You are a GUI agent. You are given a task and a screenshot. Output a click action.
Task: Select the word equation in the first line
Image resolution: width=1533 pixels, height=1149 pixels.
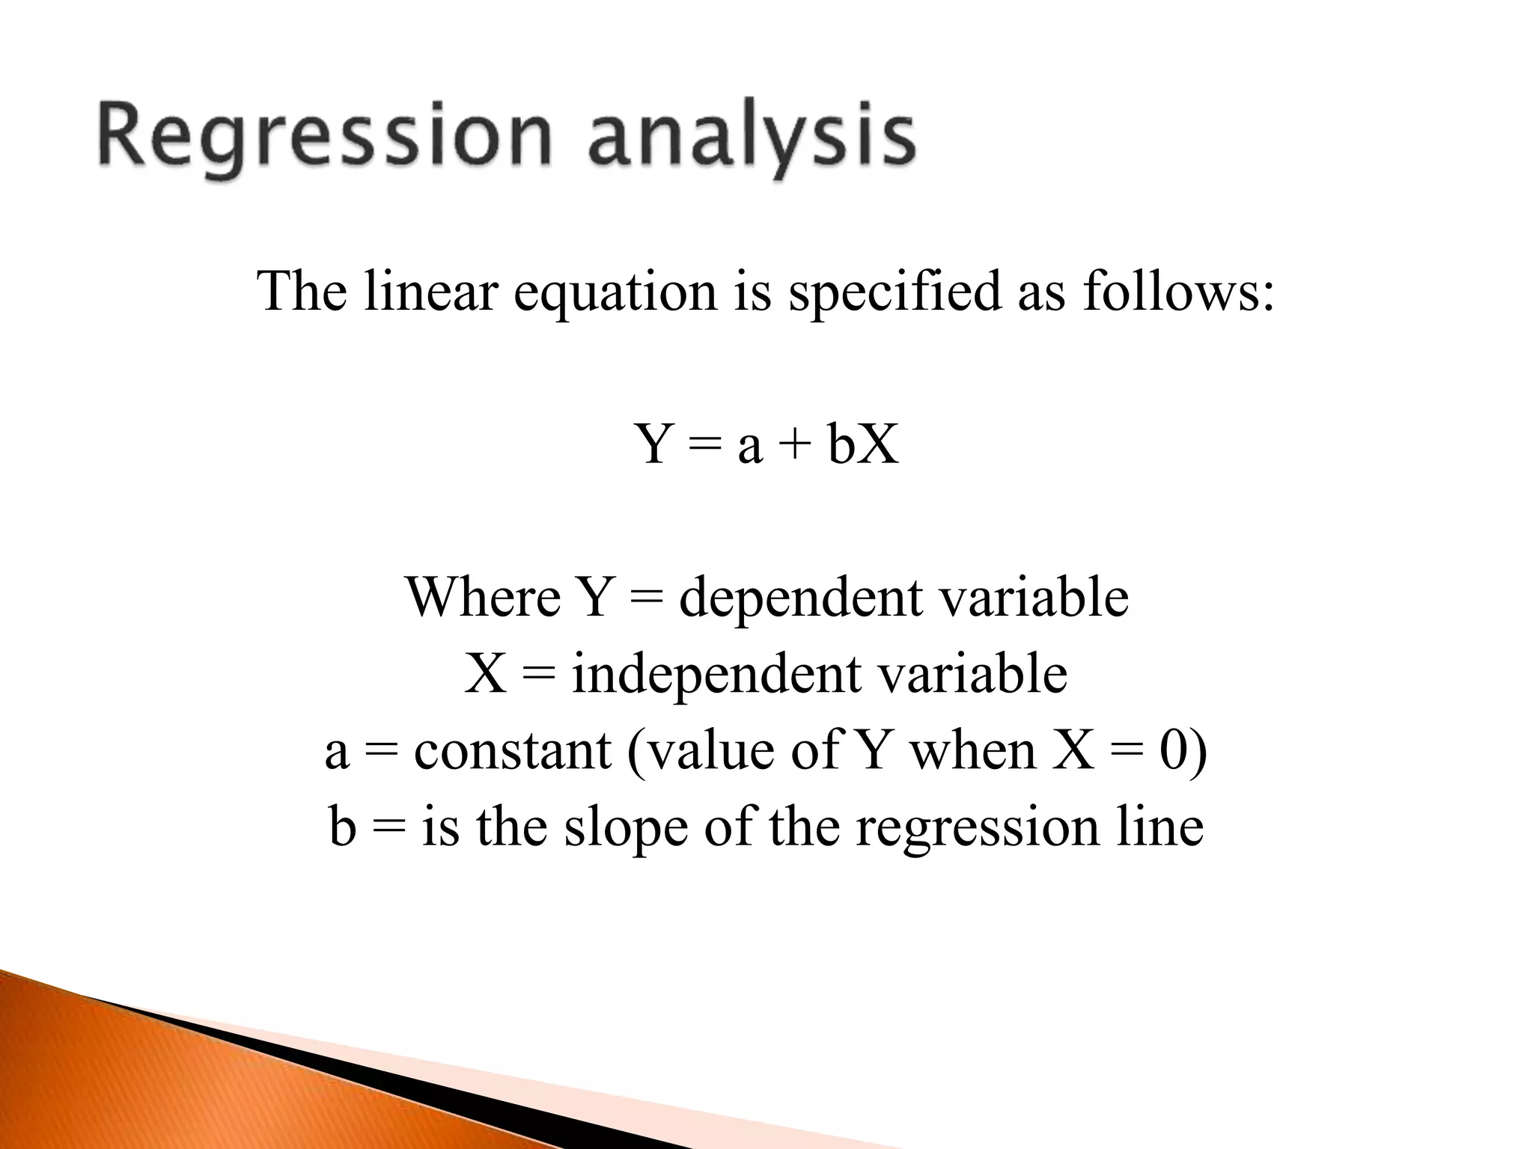[x=615, y=292]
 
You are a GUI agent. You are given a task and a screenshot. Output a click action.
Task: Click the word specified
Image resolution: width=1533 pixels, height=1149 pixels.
[x=895, y=292]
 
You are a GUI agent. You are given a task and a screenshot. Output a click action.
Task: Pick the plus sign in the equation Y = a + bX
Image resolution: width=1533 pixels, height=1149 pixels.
[x=794, y=444]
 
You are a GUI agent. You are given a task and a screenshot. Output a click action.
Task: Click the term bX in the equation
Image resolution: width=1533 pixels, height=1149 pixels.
[x=863, y=444]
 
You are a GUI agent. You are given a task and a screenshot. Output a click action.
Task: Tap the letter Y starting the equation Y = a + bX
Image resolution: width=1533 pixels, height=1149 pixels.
[x=654, y=444]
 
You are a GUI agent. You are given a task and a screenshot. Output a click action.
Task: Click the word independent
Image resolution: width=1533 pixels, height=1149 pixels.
[x=715, y=675]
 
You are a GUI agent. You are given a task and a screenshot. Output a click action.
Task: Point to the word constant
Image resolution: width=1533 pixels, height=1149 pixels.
[x=512, y=751]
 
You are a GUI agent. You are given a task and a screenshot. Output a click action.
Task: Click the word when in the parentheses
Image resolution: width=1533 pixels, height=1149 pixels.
[x=972, y=751]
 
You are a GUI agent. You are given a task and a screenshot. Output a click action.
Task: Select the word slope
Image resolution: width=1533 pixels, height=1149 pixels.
[x=625, y=829]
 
